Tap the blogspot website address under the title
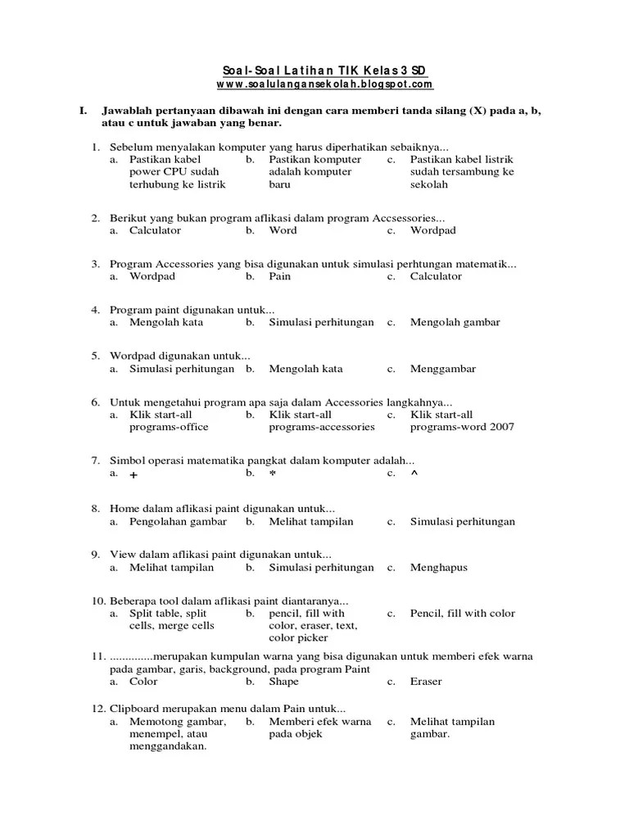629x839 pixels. (x=324, y=84)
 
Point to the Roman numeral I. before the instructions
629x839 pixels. (x=83, y=110)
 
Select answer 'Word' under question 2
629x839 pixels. (x=283, y=230)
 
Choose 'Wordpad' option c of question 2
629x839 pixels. (x=433, y=230)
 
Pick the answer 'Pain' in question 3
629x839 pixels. (x=279, y=276)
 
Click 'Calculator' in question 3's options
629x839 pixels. (x=436, y=276)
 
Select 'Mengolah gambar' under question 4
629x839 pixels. (x=455, y=322)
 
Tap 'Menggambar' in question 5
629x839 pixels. (x=442, y=369)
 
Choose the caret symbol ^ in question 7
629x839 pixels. (x=414, y=474)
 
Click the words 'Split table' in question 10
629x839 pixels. (x=156, y=613)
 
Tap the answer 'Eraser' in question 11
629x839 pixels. (x=426, y=681)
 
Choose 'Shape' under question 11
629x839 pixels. (x=283, y=681)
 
